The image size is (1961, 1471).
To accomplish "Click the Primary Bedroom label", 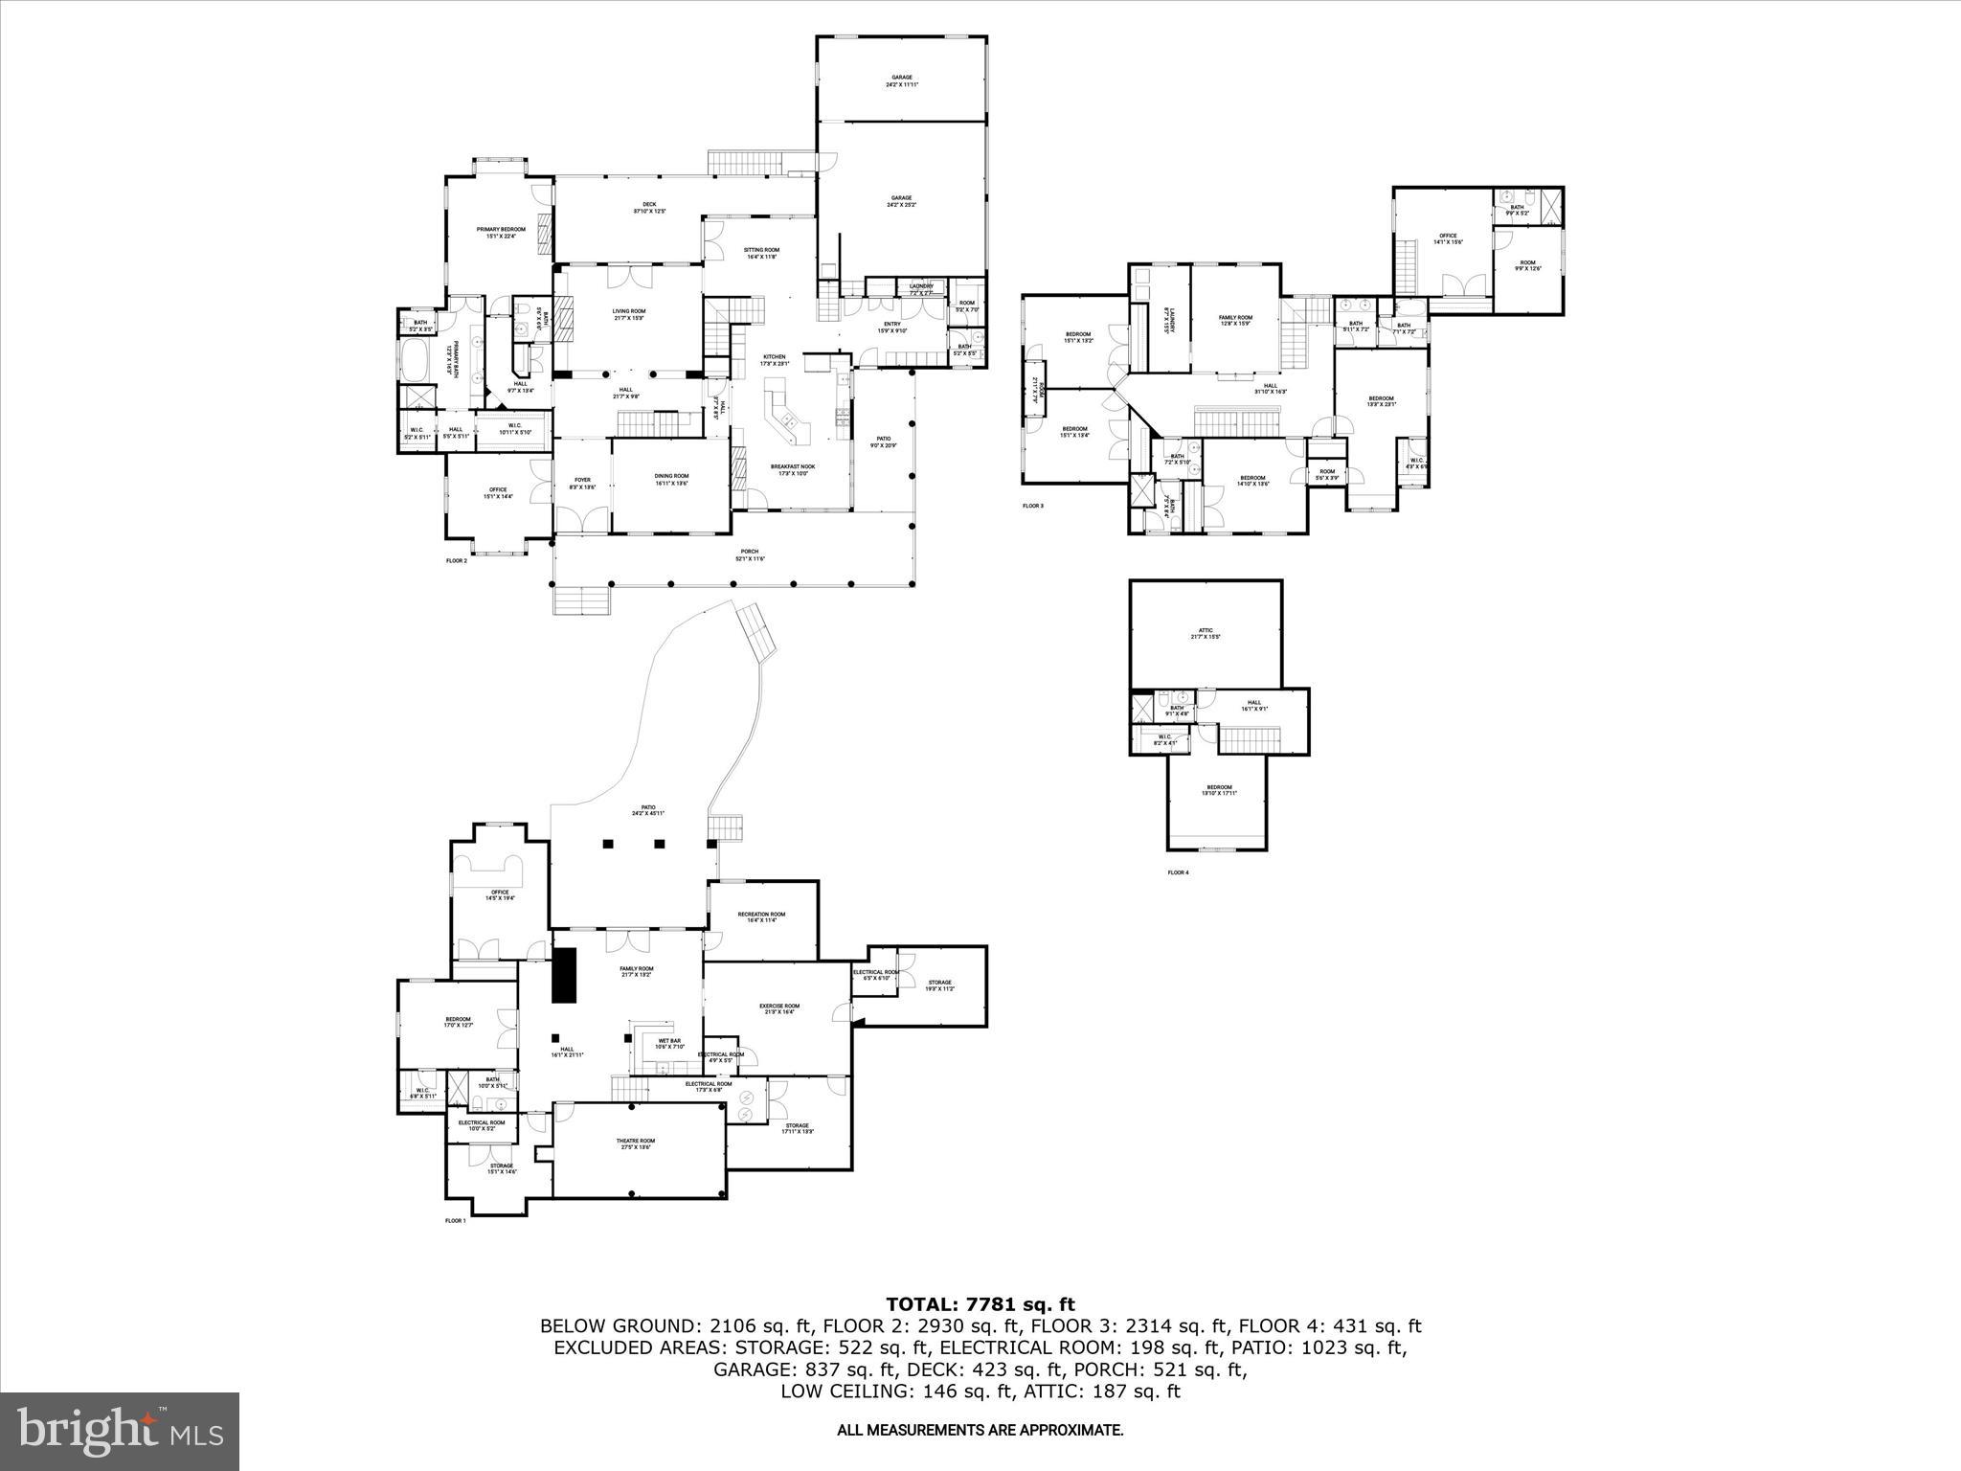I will [501, 233].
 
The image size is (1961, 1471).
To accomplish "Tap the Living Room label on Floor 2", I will [629, 314].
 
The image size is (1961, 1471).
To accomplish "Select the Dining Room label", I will [671, 479].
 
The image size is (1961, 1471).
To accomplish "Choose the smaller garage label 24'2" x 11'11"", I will [901, 80].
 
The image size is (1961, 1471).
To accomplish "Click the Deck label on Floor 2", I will [649, 207].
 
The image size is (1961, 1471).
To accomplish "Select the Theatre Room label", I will [635, 1144].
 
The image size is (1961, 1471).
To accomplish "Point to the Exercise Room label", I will [779, 1008].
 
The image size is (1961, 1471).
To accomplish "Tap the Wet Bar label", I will [668, 1044].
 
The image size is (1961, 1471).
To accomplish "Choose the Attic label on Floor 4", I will [1205, 633].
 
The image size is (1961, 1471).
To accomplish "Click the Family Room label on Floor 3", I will [1235, 320].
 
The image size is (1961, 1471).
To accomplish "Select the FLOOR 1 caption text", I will [456, 1220].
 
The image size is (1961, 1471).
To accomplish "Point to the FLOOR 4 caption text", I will [1178, 872].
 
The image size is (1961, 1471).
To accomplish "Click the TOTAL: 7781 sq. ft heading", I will [980, 1303].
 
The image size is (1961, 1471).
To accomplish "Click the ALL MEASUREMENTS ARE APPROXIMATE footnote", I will [980, 1431].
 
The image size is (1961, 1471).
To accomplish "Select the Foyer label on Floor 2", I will [582, 483].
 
